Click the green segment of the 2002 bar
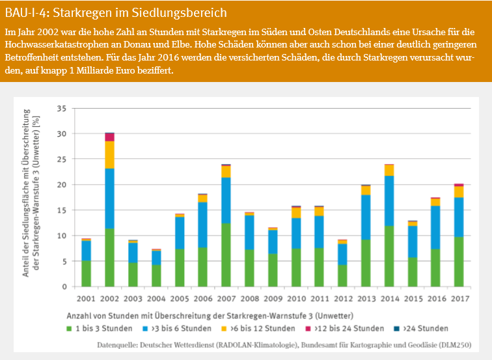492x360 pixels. pos(110,258)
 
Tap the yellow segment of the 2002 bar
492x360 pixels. pos(110,155)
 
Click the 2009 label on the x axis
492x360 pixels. pos(272,299)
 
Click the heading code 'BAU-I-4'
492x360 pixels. pos(26,12)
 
